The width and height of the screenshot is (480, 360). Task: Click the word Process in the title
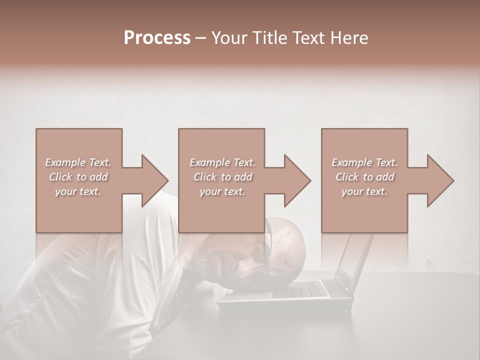tap(157, 38)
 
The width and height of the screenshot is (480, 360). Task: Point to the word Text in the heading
tap(306, 38)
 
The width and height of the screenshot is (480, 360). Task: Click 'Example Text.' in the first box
tap(78, 162)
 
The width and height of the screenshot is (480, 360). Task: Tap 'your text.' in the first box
tap(78, 191)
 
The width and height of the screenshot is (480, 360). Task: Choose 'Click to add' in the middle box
tap(222, 177)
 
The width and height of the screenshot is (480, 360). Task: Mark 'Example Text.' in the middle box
tap(222, 162)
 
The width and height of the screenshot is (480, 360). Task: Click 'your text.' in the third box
tap(364, 191)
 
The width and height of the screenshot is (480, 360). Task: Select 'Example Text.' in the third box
tap(364, 162)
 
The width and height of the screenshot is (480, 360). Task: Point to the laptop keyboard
tap(305, 288)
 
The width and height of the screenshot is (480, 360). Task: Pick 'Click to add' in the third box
tap(364, 177)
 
